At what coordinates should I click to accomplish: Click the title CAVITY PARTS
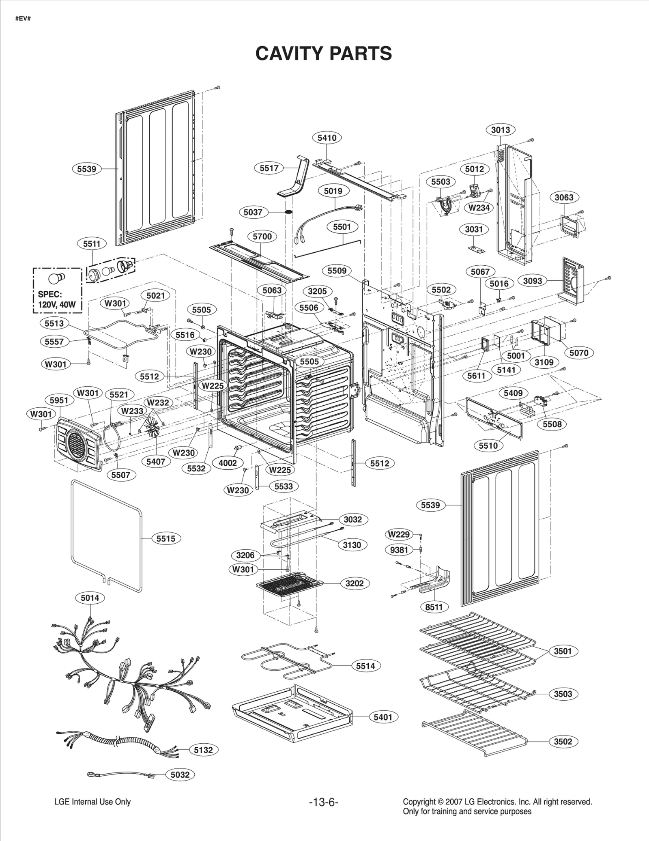(x=324, y=54)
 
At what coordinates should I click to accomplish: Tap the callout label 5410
(x=327, y=138)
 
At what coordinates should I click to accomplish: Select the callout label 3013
(x=501, y=130)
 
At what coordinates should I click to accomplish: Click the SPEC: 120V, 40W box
(x=57, y=290)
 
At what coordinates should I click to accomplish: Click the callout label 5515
(x=166, y=538)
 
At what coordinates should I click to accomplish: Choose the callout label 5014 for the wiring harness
(x=90, y=598)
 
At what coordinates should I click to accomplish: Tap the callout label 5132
(x=203, y=750)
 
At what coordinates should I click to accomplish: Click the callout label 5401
(x=383, y=717)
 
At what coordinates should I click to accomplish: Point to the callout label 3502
(x=563, y=741)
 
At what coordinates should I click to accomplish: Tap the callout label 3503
(x=563, y=694)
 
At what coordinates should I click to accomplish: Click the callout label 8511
(x=434, y=607)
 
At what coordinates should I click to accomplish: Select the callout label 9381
(x=399, y=550)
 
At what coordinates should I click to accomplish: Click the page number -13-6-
(x=324, y=802)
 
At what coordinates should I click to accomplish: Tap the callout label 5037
(x=253, y=212)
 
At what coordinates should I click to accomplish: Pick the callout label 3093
(x=533, y=281)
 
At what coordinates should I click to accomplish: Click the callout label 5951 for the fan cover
(x=59, y=400)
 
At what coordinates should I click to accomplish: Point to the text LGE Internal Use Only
(x=92, y=802)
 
